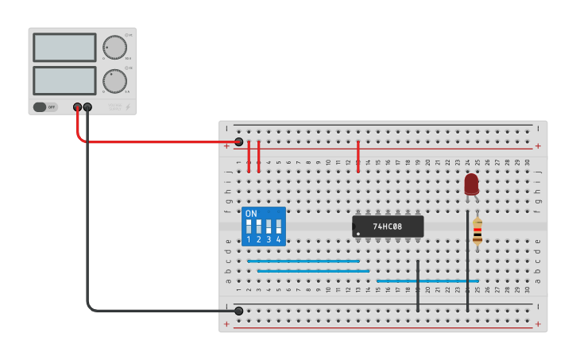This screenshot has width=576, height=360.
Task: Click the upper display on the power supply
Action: [64, 48]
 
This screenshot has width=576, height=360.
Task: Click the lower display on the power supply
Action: [64, 80]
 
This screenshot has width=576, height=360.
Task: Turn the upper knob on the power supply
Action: [114, 48]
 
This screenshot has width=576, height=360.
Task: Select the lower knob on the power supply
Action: [114, 80]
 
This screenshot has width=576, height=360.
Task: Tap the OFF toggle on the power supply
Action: [45, 106]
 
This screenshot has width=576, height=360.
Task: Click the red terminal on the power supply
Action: [77, 106]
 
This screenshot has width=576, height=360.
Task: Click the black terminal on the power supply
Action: [87, 106]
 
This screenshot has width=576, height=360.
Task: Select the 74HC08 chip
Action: [388, 226]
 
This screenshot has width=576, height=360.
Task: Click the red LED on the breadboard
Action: [471, 184]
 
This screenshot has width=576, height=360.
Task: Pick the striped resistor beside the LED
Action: [477, 231]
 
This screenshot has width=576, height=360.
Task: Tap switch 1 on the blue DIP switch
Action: [249, 228]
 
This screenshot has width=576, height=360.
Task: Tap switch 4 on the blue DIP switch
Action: [278, 228]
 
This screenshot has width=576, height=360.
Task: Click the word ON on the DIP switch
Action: [251, 214]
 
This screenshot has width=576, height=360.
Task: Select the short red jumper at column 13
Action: [358, 156]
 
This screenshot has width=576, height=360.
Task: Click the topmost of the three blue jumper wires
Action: [303, 261]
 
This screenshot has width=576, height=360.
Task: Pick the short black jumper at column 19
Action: [418, 285]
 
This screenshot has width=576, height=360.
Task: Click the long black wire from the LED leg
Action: [467, 262]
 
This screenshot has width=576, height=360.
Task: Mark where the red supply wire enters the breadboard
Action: [238, 142]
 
